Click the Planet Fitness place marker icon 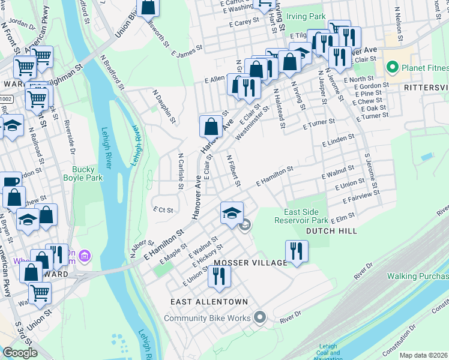click(394, 66)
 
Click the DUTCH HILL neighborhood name click(331, 231)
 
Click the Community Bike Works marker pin click(260, 317)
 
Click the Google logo click(20, 353)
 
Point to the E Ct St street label click(163, 210)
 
